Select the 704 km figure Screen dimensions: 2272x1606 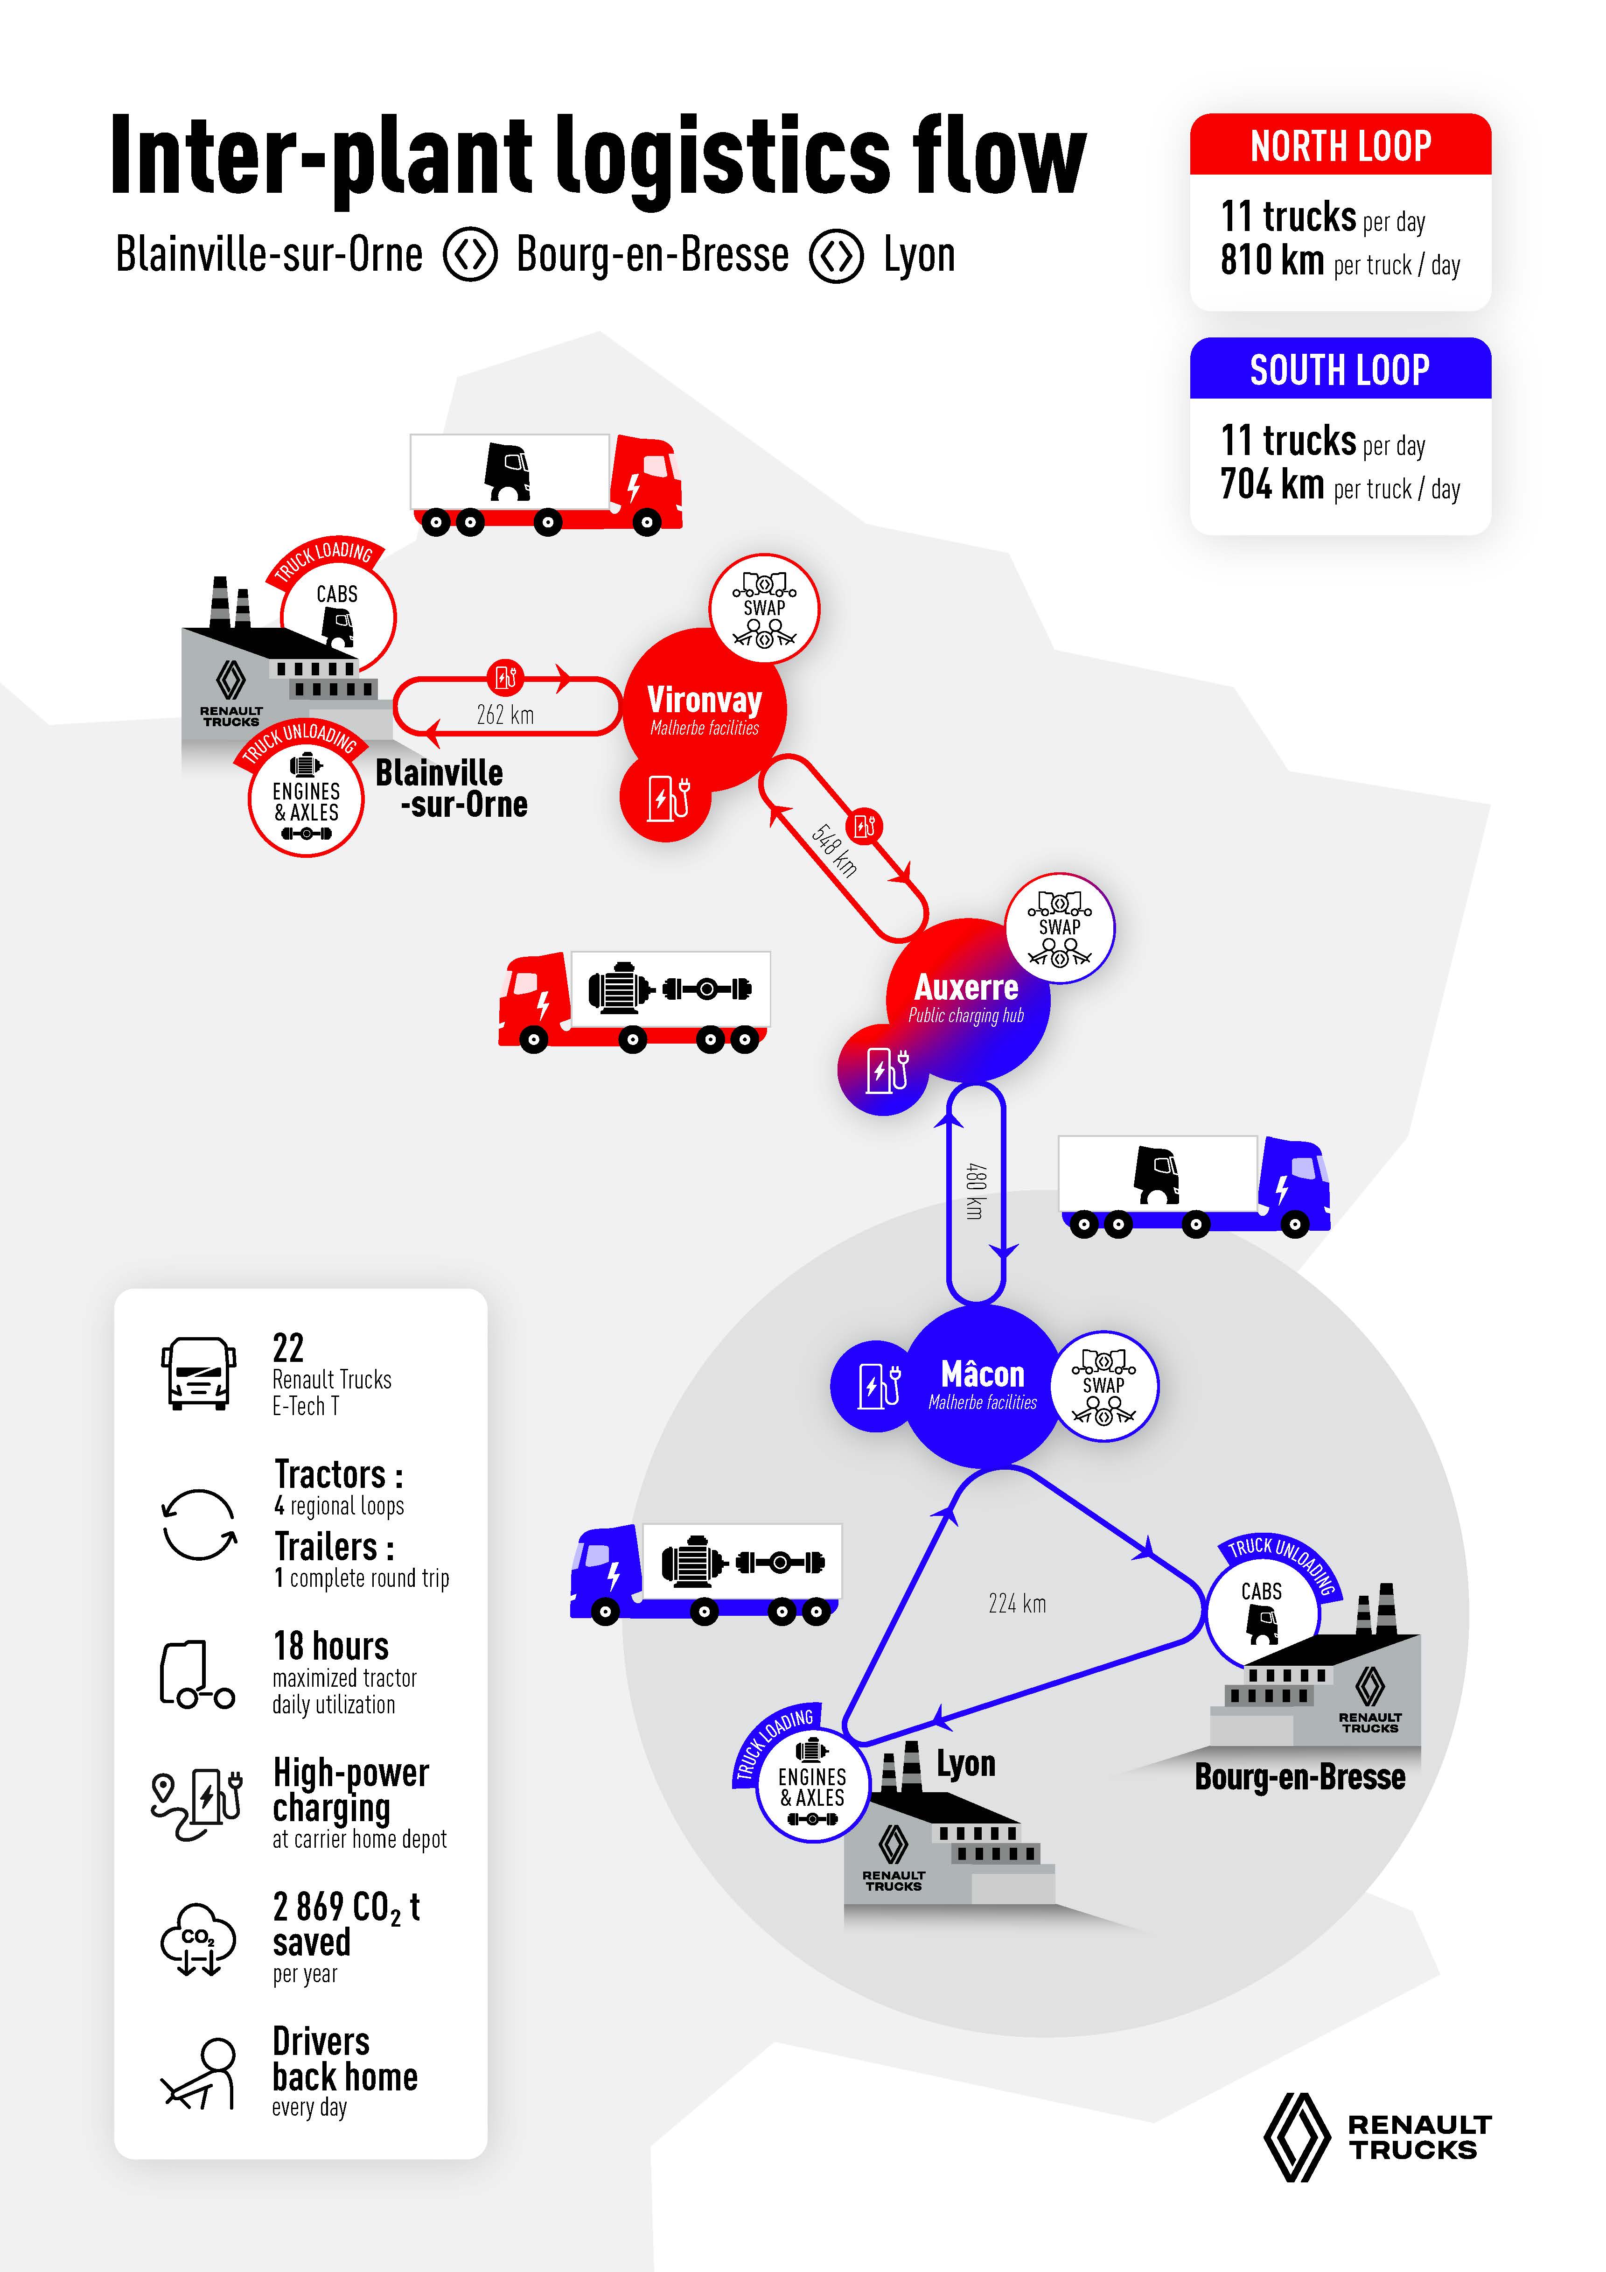(1271, 485)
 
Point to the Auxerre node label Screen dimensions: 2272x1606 (966, 988)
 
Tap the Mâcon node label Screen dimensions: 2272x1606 (983, 1374)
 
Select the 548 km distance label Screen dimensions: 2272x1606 (834, 849)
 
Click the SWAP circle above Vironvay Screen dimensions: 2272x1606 (764, 608)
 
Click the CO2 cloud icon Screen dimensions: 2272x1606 (198, 1940)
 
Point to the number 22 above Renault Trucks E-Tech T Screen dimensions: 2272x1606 (288, 1348)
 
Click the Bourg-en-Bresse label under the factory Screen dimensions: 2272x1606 (1299, 1777)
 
